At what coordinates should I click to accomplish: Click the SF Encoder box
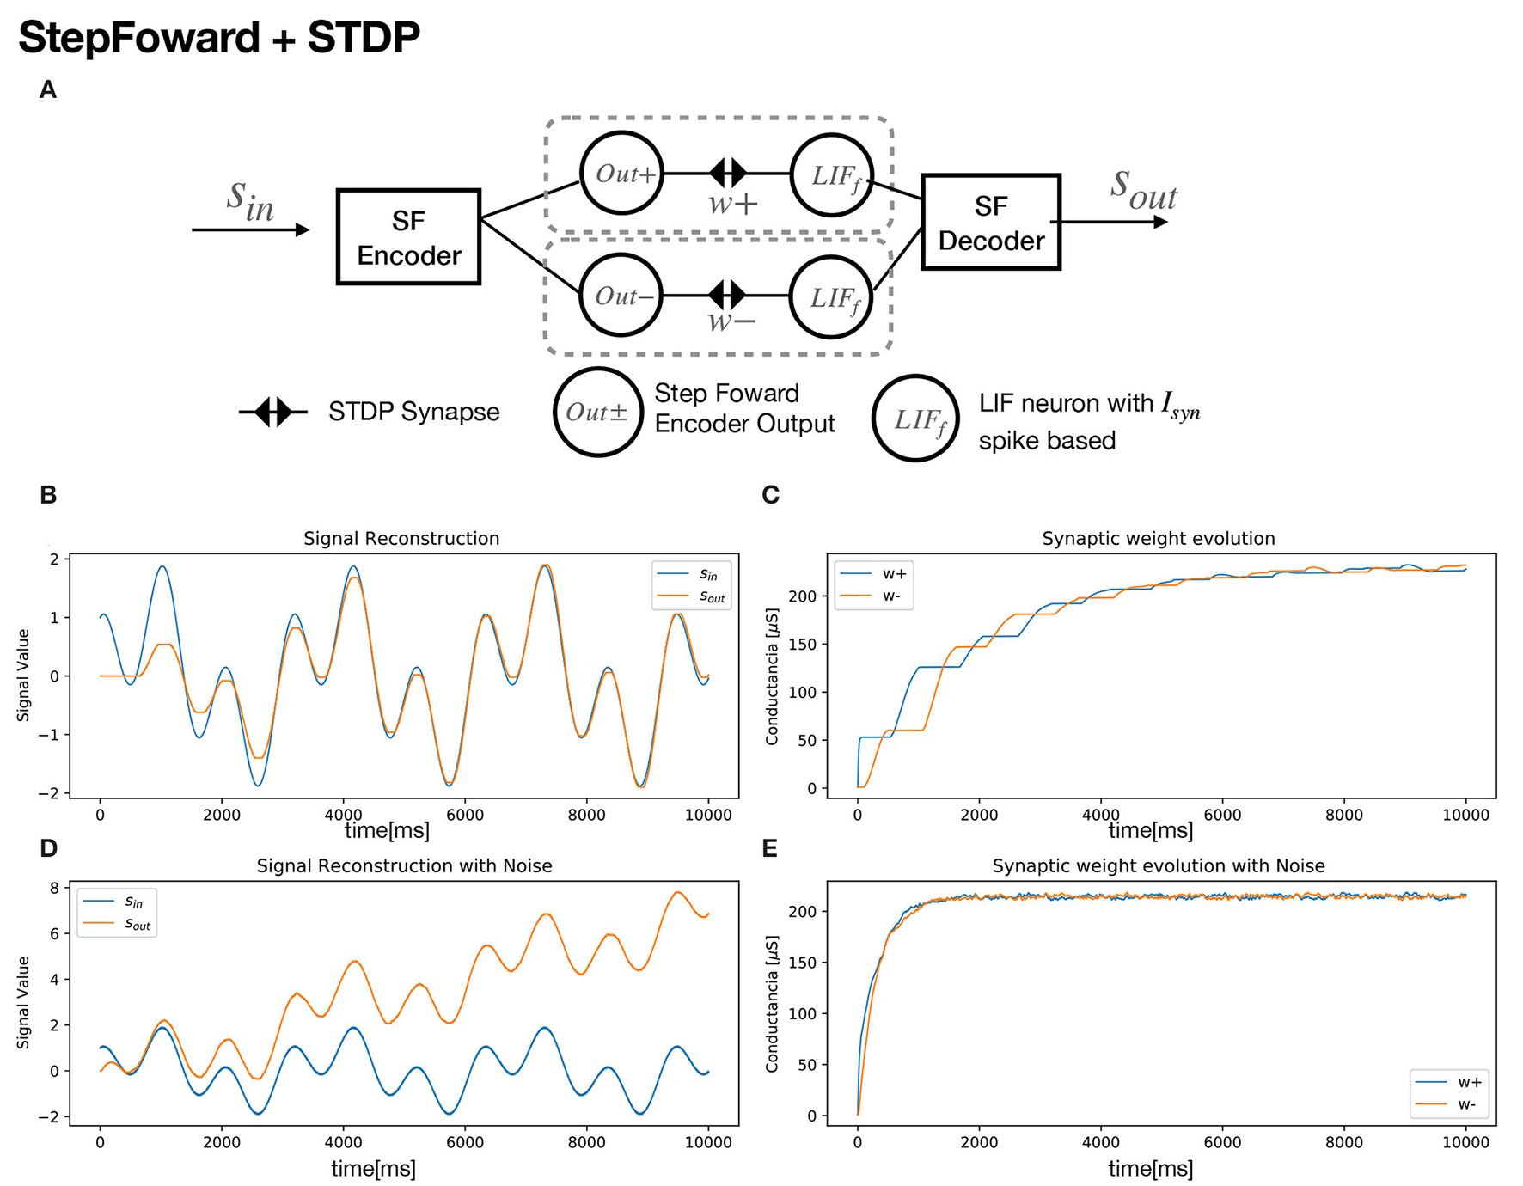tap(408, 237)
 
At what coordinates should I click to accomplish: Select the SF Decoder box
tap(990, 223)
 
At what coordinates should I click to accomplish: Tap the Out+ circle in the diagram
tap(621, 174)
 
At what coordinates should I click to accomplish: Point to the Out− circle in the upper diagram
tap(621, 296)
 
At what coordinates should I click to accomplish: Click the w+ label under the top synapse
tap(732, 205)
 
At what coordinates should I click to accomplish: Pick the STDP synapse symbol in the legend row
tap(273, 413)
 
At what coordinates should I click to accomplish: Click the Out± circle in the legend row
tap(597, 413)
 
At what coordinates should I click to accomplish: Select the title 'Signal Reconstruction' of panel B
tap(401, 539)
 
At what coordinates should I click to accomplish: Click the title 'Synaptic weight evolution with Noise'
tap(1159, 866)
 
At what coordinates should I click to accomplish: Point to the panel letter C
tap(771, 496)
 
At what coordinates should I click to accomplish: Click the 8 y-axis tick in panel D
tap(55, 889)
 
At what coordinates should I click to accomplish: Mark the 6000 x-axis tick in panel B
tap(465, 815)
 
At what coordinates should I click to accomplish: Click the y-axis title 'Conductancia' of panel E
tap(772, 1004)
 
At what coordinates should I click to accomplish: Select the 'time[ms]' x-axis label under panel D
tap(373, 1169)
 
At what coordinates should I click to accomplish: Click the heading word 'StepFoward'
tap(138, 38)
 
